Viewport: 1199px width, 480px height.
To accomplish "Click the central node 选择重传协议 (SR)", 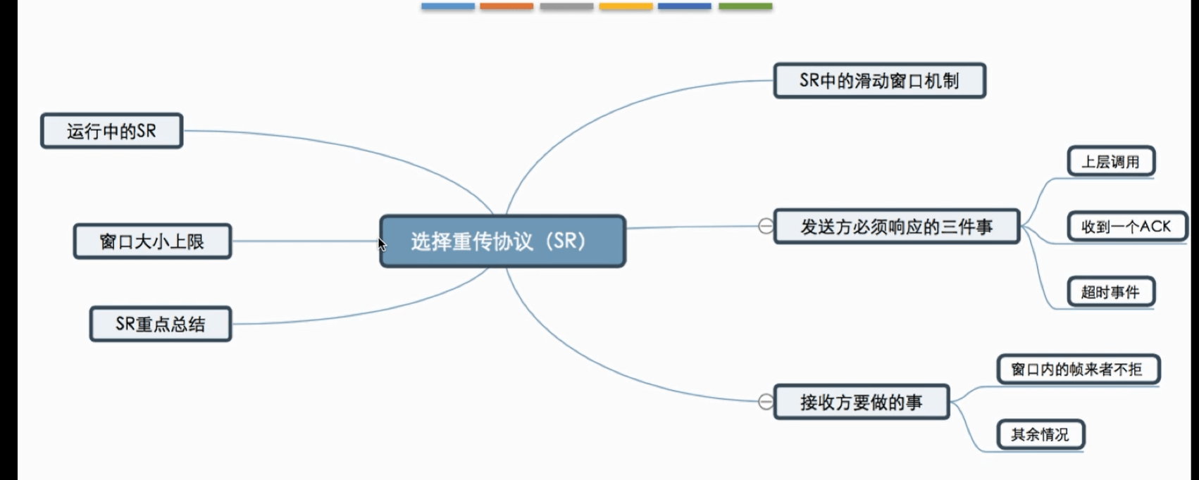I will point(502,241).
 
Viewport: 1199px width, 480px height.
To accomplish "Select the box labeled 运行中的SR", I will point(111,131).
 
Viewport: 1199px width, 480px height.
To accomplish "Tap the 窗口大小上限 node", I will point(152,241).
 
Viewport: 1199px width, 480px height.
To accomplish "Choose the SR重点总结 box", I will point(161,324).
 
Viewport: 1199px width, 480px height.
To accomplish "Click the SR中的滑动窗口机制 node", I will point(879,81).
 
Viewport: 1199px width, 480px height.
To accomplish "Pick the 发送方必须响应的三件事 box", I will point(896,227).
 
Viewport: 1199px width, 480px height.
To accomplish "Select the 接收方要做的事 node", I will point(861,402).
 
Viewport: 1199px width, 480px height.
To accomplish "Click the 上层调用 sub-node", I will point(1111,162).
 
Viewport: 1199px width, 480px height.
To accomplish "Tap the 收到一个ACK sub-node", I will point(1126,227).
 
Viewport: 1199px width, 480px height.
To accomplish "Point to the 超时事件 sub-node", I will point(1111,292).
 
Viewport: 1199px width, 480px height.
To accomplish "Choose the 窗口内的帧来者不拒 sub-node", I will point(1077,370).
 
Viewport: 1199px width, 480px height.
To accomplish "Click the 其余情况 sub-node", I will point(1040,434).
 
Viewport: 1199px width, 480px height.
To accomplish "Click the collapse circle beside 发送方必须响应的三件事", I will point(765,227).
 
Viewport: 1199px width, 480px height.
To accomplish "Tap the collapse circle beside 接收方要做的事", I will point(765,402).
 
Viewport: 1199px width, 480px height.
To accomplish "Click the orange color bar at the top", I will point(507,6).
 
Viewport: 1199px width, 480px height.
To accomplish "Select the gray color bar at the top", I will point(566,6).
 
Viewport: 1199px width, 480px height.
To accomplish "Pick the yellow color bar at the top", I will point(626,6).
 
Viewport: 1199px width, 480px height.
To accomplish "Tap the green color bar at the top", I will point(745,6).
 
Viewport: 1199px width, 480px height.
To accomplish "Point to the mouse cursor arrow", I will point(381,244).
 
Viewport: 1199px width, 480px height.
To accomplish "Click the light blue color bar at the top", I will point(448,6).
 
